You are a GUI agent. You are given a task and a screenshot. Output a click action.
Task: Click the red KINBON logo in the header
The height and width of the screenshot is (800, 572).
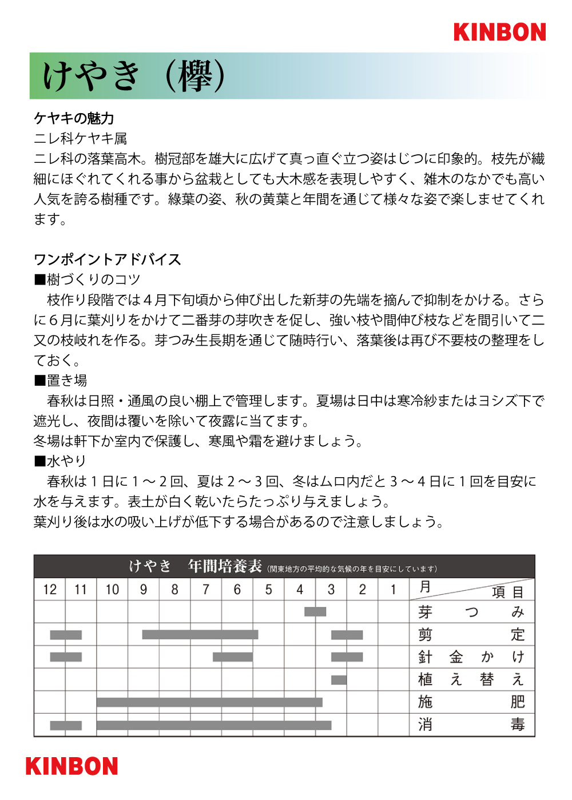tap(499, 32)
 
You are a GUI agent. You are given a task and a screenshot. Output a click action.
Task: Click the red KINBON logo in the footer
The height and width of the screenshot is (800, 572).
tap(71, 766)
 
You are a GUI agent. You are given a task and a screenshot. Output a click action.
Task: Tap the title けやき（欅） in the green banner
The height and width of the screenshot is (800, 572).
tap(134, 76)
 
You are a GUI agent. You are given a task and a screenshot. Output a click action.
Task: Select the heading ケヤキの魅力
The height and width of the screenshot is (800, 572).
tap(74, 118)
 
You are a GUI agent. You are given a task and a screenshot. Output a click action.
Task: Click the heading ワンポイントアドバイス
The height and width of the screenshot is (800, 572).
tap(108, 259)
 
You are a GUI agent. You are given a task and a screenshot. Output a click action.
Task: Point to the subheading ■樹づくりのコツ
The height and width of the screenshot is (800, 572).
tap(87, 279)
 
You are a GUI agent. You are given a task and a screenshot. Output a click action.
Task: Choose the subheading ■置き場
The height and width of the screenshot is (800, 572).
tap(61, 381)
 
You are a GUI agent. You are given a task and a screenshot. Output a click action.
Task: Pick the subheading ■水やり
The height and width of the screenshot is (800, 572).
tap(60, 461)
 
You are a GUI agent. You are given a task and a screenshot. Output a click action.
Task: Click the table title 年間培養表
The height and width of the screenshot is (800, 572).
tap(225, 566)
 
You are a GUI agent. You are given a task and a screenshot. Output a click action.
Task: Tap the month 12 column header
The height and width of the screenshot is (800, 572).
tap(50, 590)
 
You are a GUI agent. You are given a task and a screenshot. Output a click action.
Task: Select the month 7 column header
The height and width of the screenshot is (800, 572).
tap(206, 590)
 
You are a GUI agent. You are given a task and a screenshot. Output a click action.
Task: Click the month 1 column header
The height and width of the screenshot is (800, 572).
tap(393, 590)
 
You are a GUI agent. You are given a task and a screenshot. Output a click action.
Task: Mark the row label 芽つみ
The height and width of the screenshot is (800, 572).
tap(471, 612)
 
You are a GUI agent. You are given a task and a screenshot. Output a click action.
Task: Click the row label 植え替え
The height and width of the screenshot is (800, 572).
tap(471, 679)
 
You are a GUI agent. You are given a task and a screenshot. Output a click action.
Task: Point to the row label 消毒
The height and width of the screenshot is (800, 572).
tap(471, 725)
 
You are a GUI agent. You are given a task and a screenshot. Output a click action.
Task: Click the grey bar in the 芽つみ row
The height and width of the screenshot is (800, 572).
tap(315, 612)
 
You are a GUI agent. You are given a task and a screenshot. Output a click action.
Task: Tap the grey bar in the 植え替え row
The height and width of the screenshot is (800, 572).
tap(339, 680)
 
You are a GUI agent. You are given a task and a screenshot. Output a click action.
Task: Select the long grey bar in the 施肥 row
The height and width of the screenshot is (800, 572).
tap(209, 702)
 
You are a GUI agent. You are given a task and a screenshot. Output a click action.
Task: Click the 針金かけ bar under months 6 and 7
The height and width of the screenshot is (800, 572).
tap(232, 657)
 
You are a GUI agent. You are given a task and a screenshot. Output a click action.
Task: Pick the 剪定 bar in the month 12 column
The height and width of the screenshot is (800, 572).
tap(66, 635)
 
